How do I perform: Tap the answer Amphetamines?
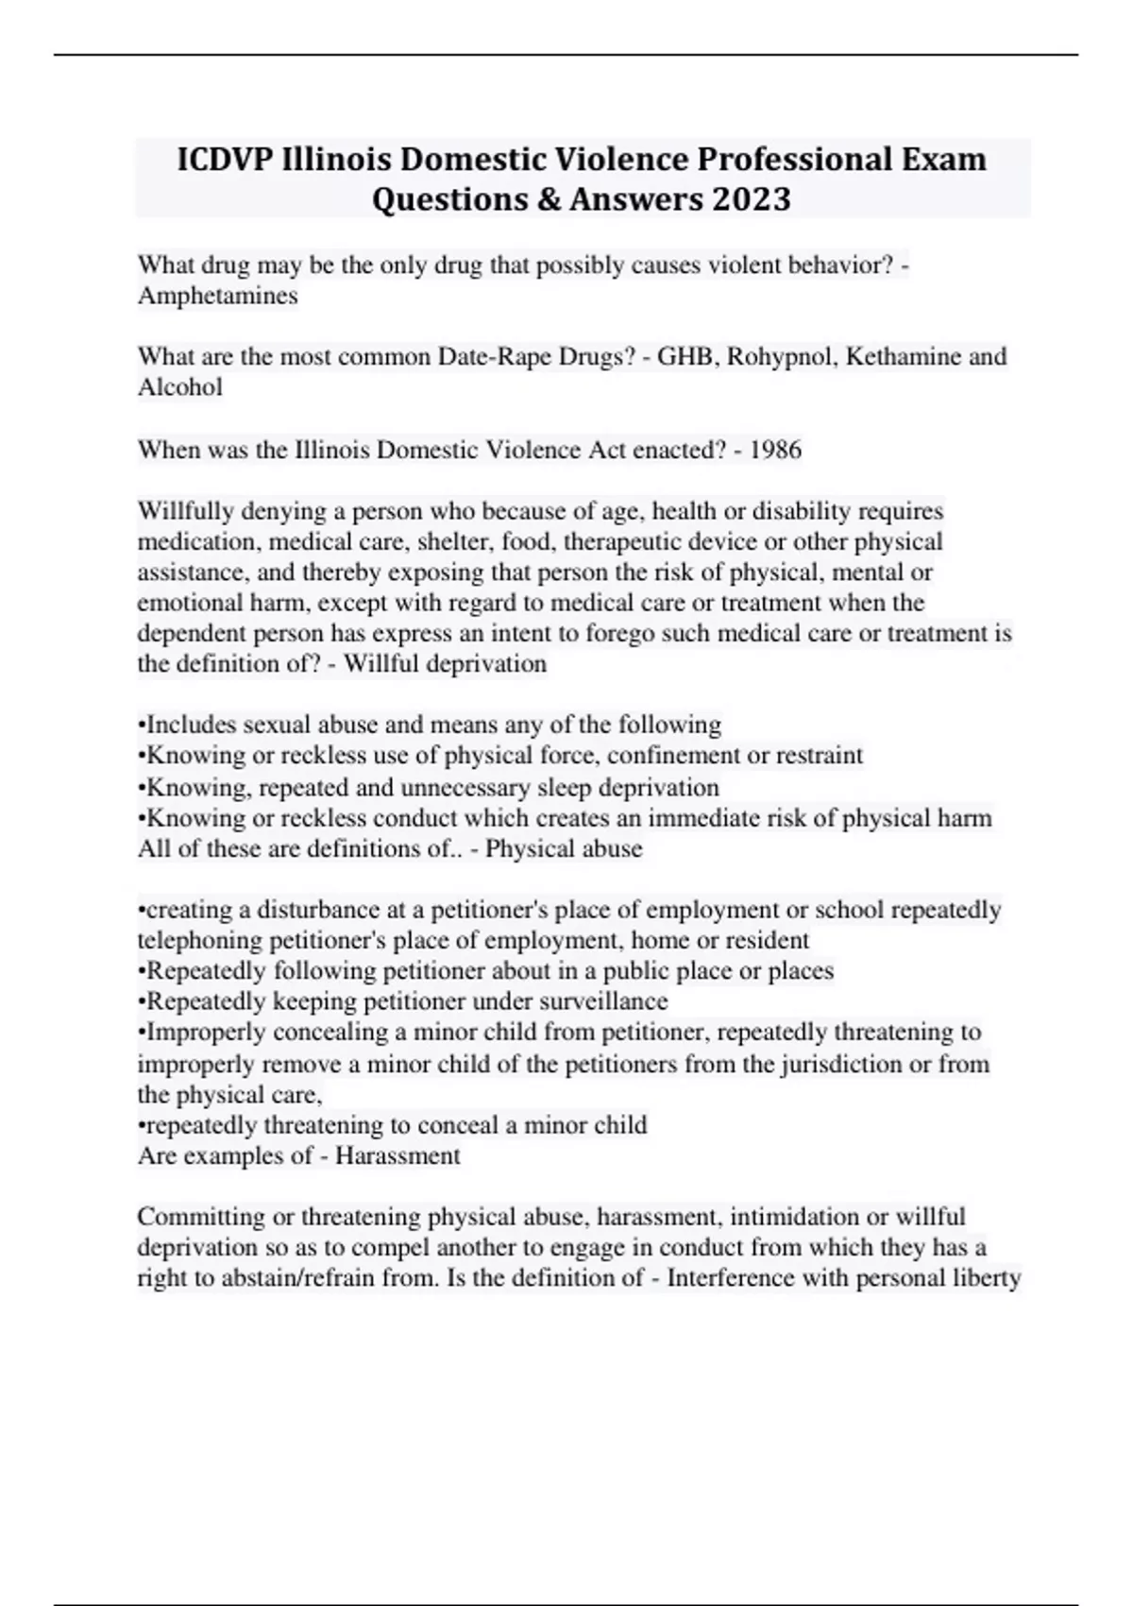pos(218,296)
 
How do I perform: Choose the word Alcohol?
pos(180,387)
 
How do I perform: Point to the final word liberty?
pos(989,1278)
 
